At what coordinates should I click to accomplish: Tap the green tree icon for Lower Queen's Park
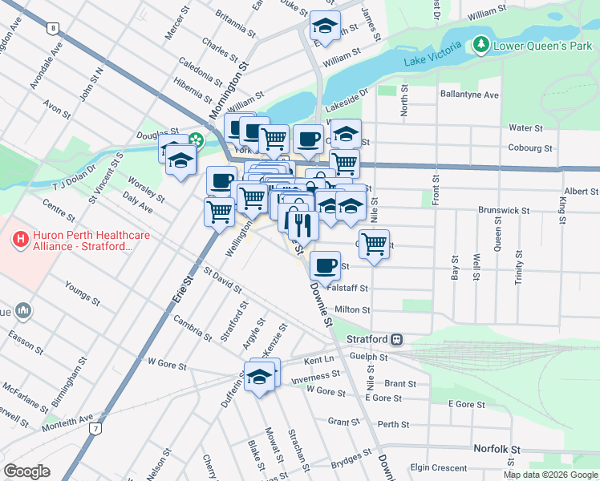point(481,43)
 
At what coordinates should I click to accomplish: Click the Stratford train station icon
point(397,339)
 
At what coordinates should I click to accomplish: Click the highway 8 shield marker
point(52,28)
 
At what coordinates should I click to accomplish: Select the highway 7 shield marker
point(96,429)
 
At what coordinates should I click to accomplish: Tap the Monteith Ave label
point(70,418)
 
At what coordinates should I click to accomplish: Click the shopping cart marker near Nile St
point(374,243)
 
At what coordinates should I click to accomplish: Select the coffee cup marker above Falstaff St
point(325,264)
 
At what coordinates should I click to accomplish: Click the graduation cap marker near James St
point(325,26)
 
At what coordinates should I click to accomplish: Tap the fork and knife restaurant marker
point(303,224)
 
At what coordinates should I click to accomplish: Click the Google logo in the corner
point(27,471)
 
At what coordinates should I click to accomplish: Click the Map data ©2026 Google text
point(550,475)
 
